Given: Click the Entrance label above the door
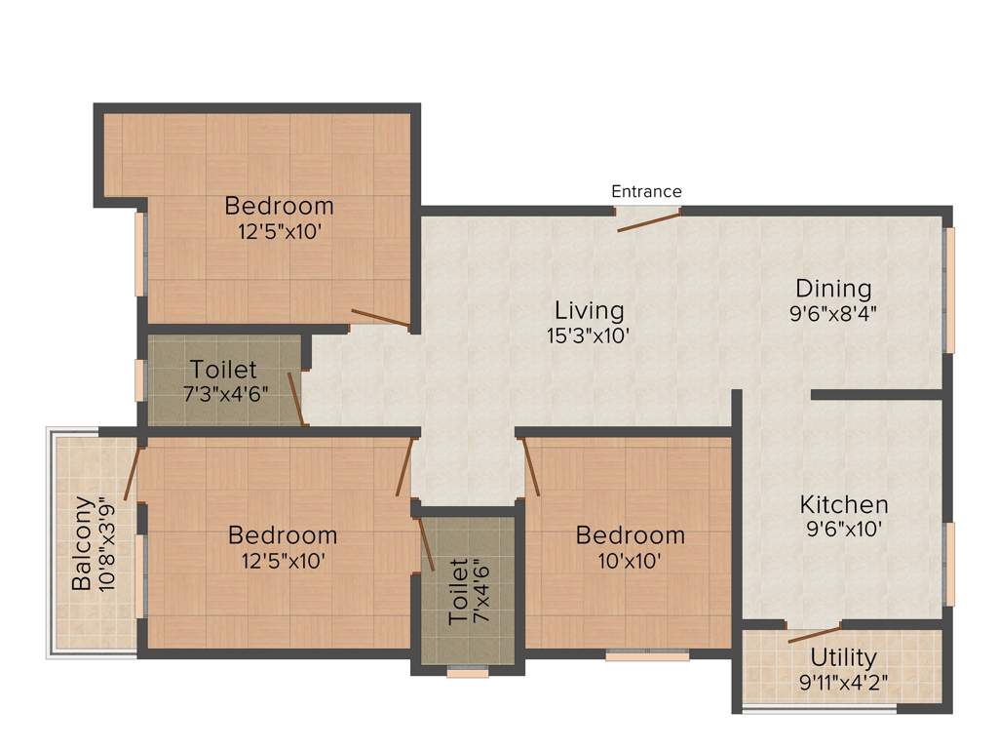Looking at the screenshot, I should (646, 191).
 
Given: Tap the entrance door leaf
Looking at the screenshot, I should (649, 221).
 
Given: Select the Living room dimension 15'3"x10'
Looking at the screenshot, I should (589, 335).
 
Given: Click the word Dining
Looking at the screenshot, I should (833, 289).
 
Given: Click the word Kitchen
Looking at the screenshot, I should (844, 505).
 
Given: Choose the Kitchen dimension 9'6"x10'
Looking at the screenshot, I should (844, 531).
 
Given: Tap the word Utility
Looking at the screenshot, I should (843, 657).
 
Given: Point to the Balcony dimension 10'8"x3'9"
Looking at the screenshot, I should (108, 544).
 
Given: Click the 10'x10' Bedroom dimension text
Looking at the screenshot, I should (630, 561).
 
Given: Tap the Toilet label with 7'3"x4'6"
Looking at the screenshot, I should (224, 371).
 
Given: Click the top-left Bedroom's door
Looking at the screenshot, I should (381, 317).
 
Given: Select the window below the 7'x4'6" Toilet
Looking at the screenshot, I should (468, 670).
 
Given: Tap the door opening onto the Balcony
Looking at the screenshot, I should (134, 473).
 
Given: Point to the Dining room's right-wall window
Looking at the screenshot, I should (948, 290).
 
